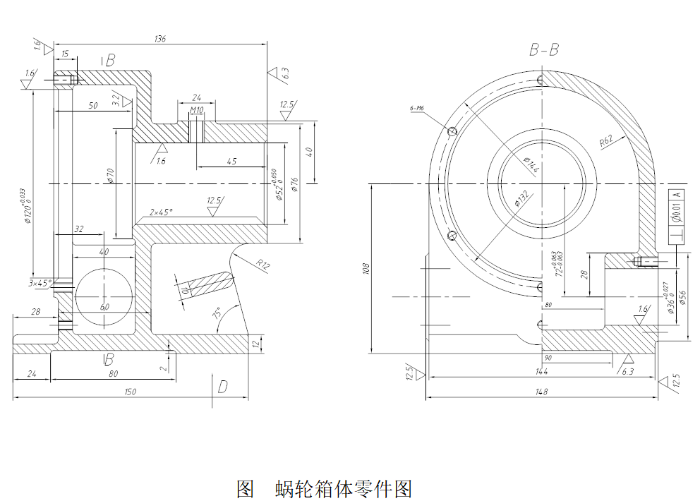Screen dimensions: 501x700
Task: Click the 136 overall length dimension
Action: [x=159, y=40]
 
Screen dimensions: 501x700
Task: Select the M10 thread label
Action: [x=197, y=110]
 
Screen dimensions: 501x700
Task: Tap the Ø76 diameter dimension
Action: [x=295, y=184]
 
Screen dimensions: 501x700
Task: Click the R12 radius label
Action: [x=262, y=265]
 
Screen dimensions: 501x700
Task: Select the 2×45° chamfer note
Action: [x=161, y=212]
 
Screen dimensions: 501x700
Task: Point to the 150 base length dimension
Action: [x=129, y=392]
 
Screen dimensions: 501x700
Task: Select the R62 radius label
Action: [x=606, y=140]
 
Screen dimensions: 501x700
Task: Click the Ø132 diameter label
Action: [x=522, y=200]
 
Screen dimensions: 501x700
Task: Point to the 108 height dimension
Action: [x=366, y=269]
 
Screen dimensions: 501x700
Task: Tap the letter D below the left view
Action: [x=222, y=386]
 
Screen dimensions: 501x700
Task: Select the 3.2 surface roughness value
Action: [x=116, y=99]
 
